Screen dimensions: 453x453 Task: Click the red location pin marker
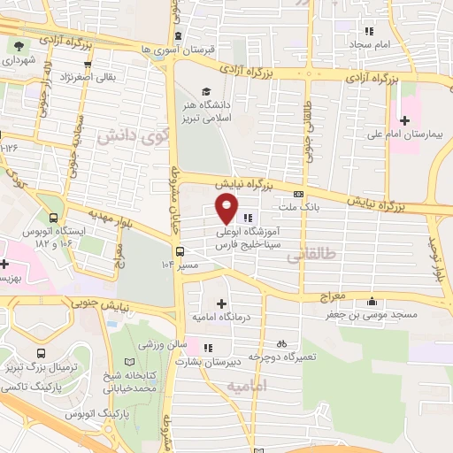227,209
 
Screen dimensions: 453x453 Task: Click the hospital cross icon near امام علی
406,119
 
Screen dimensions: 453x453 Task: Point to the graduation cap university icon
206,90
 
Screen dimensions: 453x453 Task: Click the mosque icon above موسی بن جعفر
372,299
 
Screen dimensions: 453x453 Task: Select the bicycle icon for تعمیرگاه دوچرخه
281,342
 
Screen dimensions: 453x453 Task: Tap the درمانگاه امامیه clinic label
222,316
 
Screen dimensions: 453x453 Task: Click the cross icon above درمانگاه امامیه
221,303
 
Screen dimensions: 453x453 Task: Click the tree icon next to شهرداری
18,45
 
